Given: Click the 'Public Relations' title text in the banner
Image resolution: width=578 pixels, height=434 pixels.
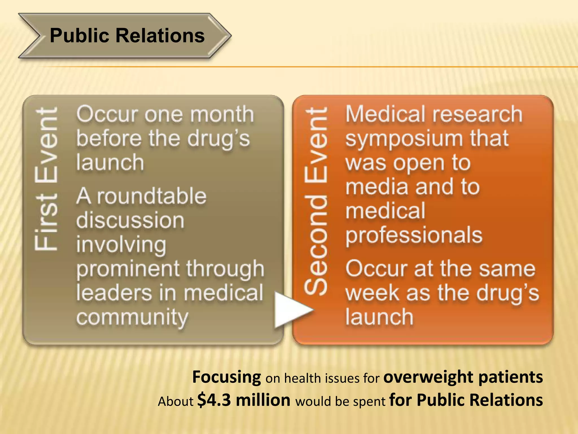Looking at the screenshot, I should tap(127, 36).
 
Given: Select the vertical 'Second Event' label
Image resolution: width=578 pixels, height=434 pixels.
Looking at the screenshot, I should tap(316, 201).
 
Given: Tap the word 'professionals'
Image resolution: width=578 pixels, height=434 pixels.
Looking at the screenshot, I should tap(414, 236).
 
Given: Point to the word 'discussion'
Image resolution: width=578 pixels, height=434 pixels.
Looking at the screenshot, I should tap(130, 220).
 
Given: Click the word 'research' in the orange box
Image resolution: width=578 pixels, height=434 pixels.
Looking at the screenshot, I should tap(477, 114).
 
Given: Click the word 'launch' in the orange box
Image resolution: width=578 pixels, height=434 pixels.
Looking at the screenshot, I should tap(379, 317).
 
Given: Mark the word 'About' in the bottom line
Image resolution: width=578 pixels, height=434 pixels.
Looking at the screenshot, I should tap(176, 401).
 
